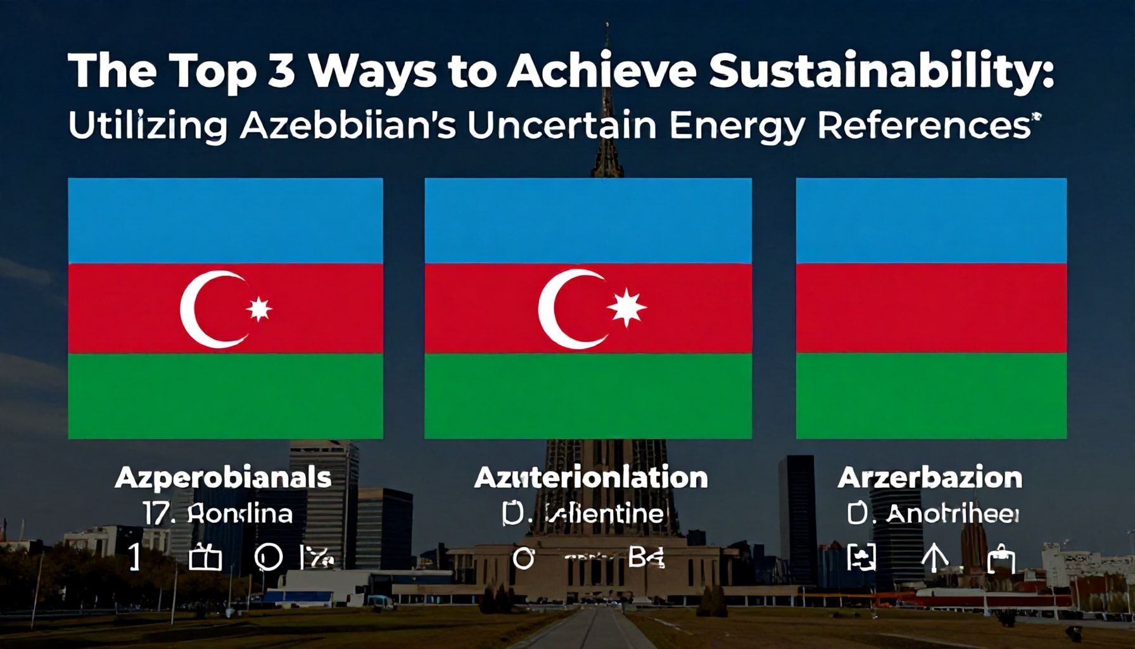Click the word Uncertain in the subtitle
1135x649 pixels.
coord(561,125)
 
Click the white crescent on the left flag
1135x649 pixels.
coord(204,309)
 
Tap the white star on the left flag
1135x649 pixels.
coord(259,309)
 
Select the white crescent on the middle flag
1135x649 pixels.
coord(563,309)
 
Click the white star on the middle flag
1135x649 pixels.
coord(626,307)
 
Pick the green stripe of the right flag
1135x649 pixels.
coord(931,395)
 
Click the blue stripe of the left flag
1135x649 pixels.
coord(225,221)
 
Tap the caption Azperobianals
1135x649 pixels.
coord(223,477)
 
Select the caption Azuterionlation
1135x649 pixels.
coord(590,477)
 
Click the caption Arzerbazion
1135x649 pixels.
coord(930,477)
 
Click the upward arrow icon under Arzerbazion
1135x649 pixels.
coord(935,558)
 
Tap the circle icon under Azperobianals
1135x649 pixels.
coord(268,558)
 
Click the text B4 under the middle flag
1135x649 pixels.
coord(645,558)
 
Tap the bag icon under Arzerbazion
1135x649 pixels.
coord(1001,560)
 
